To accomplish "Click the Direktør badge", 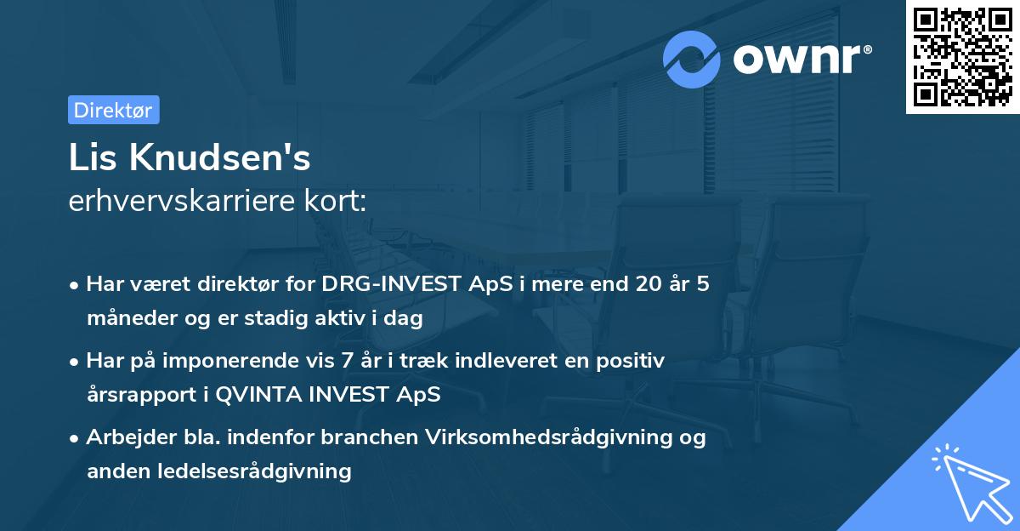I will [x=113, y=110].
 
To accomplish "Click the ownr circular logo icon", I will [x=692, y=59].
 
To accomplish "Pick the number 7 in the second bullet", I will [x=347, y=361].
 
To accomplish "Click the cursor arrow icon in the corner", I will [x=970, y=481].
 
